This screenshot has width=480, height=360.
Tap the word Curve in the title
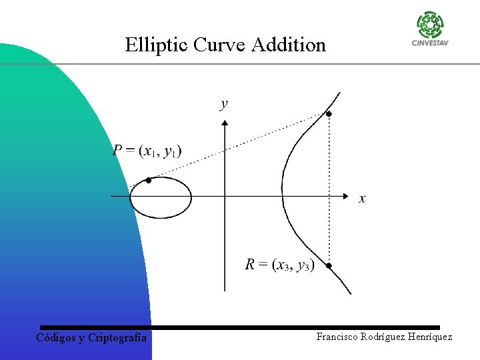tap(219, 45)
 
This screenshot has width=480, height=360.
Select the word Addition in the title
tap(289, 45)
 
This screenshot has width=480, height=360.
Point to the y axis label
tap(224, 103)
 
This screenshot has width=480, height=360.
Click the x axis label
tap(362, 199)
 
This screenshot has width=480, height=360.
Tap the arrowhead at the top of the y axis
tap(225, 122)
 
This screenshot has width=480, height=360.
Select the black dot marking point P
tap(149, 181)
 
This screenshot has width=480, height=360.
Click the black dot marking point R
tap(329, 265)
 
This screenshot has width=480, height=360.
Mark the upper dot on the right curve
tap(328, 115)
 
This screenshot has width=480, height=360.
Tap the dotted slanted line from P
tap(240, 147)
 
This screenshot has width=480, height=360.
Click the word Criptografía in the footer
tap(118, 338)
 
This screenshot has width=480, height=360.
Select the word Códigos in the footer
tap(56, 338)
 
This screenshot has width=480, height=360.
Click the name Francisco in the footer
tap(339, 337)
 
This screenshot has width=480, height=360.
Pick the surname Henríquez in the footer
tap(427, 337)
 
